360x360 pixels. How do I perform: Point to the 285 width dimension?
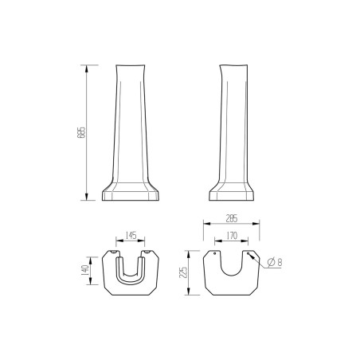click(233, 217)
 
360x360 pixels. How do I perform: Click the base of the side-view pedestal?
click(233, 192)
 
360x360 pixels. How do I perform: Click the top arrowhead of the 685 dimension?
click(87, 65)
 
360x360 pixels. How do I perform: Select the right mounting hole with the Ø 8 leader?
click(248, 256)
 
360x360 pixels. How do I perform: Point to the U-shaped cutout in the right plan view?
click(233, 267)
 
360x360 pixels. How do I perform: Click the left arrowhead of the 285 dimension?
click(206, 224)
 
